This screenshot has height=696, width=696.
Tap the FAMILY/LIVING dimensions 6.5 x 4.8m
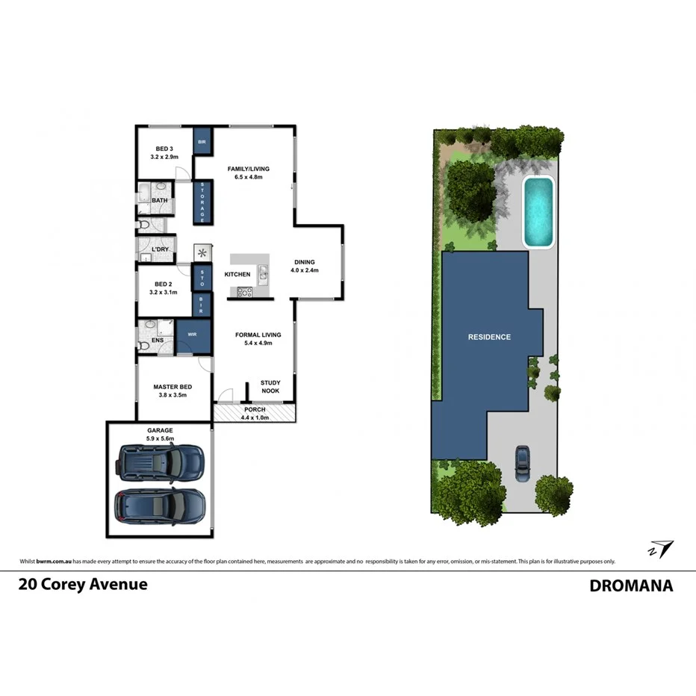pos(248,178)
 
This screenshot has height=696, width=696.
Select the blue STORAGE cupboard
pos(202,202)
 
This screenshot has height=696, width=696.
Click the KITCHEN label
pos(237,275)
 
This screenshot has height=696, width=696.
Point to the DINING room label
pos(304,262)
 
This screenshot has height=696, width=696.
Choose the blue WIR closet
pos(192,334)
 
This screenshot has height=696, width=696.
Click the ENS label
pos(158,341)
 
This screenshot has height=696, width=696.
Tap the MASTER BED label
pos(173,387)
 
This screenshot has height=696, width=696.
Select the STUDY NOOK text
pos(270,387)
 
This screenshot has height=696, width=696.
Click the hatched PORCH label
pos(254,410)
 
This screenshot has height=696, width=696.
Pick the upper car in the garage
pos(160,462)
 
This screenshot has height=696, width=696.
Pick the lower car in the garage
pos(160,506)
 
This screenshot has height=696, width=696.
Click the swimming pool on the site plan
pos(538,211)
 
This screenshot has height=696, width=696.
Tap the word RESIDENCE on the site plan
pos(489,337)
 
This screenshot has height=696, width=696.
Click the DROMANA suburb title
pos(631,585)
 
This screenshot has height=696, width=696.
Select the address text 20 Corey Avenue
pos(83,585)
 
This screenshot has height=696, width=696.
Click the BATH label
pos(160,200)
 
